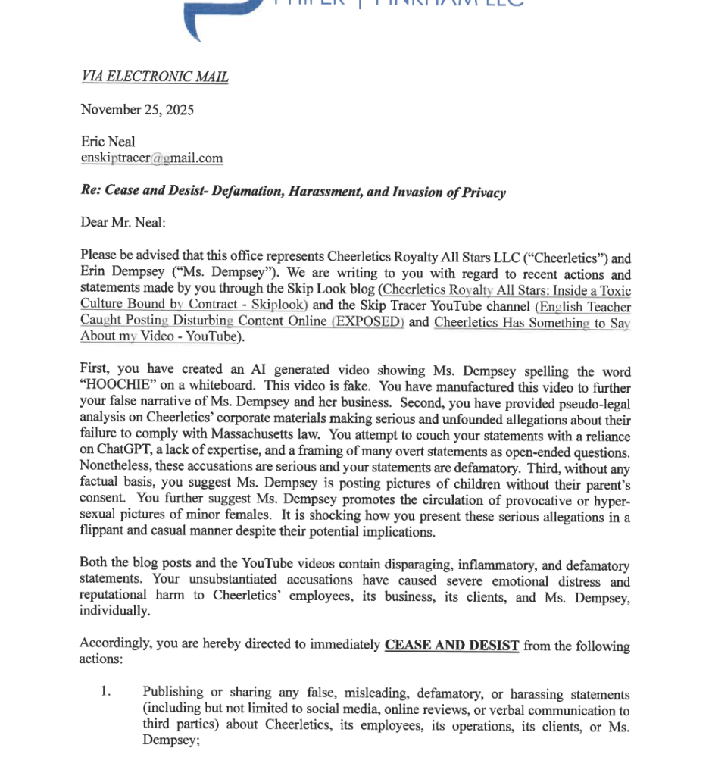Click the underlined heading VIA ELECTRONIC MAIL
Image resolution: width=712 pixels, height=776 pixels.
(155, 77)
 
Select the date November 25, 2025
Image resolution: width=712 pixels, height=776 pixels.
(137, 110)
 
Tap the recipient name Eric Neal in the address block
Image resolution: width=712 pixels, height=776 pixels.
(108, 142)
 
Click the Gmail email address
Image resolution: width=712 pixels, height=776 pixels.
(151, 158)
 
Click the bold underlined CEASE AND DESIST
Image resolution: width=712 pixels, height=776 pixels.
(451, 646)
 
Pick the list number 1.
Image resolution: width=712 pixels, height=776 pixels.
(106, 691)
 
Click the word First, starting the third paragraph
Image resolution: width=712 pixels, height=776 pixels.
(95, 369)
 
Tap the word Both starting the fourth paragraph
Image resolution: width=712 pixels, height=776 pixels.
(94, 565)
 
